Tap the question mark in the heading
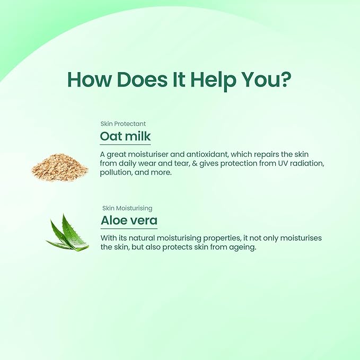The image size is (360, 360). [x=286, y=79]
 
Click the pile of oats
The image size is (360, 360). [x=60, y=167]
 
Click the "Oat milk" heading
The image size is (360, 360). [x=125, y=136]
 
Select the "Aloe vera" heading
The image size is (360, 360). [x=129, y=221]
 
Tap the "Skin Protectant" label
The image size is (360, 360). [x=123, y=124]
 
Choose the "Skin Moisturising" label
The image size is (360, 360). [x=127, y=208]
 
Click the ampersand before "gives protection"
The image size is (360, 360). [x=195, y=163]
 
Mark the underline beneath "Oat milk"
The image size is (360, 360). [x=125, y=145]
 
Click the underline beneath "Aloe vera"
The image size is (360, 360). [x=129, y=229]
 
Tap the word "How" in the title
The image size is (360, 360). [x=89, y=80]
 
